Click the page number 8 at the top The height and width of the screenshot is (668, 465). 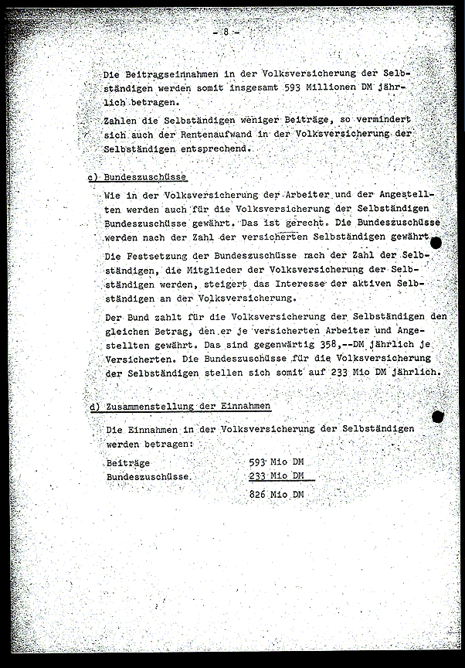tap(226, 32)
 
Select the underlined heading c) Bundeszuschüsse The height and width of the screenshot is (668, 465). tap(137, 178)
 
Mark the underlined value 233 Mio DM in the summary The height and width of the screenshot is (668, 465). tap(277, 476)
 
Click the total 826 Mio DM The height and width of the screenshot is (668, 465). tap(277, 495)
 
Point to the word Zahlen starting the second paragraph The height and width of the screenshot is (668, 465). tap(120, 121)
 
